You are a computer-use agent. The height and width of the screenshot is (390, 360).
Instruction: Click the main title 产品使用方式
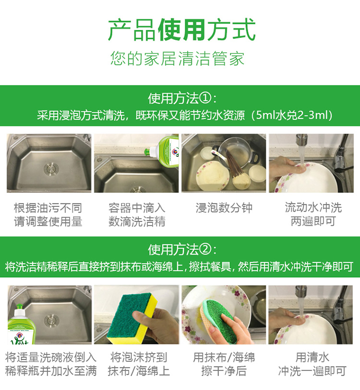tap(182, 30)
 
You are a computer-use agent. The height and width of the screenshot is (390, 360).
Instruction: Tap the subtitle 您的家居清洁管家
tap(177, 59)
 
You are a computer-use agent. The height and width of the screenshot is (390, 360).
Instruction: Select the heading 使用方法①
tap(182, 98)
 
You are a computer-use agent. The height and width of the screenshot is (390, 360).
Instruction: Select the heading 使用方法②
tap(182, 249)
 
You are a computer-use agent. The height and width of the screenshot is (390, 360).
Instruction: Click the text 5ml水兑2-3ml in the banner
tap(292, 115)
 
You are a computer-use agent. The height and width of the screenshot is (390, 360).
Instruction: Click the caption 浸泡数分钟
tap(224, 208)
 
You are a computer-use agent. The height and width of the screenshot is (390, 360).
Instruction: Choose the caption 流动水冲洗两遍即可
tap(313, 214)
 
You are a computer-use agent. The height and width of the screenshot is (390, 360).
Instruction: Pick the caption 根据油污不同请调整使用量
tap(48, 214)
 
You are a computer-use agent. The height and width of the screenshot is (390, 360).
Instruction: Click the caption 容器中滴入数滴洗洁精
tap(137, 214)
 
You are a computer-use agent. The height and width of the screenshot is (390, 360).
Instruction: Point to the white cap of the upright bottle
tap(19, 313)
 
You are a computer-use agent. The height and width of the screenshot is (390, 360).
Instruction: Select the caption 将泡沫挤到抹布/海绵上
tap(139, 364)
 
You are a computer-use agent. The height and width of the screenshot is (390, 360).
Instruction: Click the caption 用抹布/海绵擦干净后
tap(224, 364)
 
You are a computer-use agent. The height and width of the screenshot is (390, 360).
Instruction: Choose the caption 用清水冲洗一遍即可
tap(312, 364)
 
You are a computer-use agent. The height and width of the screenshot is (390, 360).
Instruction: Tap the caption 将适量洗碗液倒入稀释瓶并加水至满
tap(51, 364)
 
